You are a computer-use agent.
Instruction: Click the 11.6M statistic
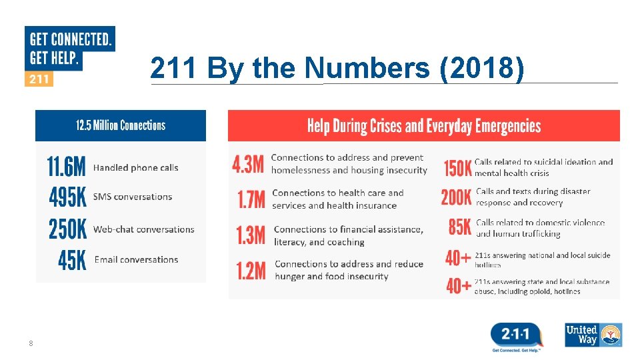(66, 167)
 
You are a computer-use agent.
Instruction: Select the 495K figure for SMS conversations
(67, 197)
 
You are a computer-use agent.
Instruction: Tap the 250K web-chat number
(67, 229)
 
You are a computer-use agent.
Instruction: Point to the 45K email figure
(72, 260)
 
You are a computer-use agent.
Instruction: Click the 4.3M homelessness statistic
(248, 164)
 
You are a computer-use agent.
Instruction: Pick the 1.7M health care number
(251, 199)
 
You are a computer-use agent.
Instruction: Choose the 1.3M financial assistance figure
(251, 235)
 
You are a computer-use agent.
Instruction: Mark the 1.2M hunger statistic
(251, 270)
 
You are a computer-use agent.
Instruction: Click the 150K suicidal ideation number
(458, 168)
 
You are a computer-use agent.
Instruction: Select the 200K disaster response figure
(456, 197)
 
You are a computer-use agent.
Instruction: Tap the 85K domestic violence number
(460, 227)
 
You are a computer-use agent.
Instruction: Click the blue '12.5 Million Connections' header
(121, 125)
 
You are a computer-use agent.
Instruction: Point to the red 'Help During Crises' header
(423, 126)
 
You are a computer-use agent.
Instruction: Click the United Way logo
(593, 335)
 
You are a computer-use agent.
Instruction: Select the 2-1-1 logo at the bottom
(516, 335)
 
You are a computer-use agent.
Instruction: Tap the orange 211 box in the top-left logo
(39, 79)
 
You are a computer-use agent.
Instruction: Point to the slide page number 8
(31, 343)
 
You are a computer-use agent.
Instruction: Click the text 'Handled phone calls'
(136, 167)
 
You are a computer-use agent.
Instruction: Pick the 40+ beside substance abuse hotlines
(459, 287)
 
